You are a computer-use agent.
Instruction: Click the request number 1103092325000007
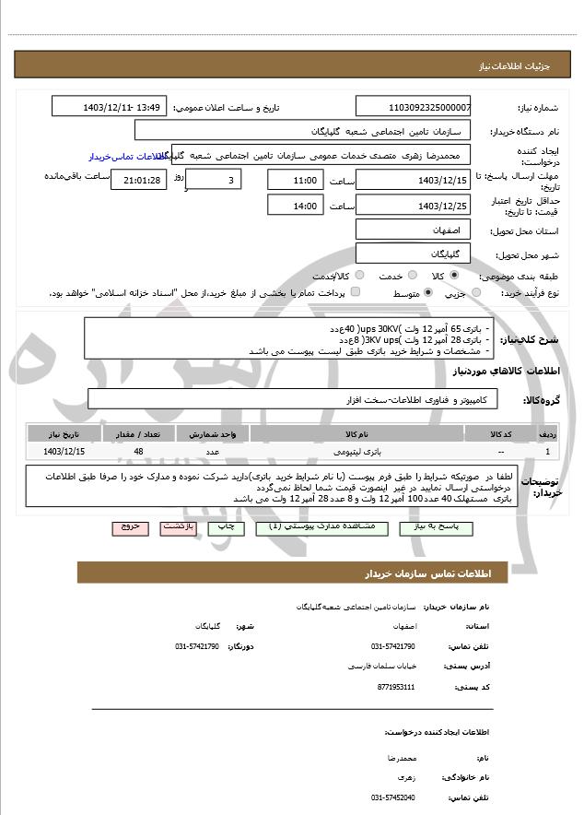tap(413, 107)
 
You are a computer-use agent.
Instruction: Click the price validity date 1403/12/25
tap(413, 206)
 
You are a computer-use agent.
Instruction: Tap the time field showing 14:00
tap(295, 206)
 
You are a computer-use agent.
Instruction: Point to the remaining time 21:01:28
tap(139, 180)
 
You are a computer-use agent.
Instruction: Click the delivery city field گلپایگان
tap(413, 253)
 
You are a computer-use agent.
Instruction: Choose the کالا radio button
tap(454, 276)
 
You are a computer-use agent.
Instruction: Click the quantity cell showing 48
tap(138, 452)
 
